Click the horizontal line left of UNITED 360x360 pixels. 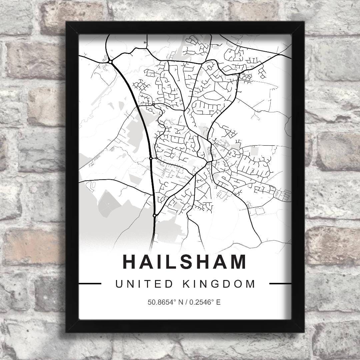[90, 284]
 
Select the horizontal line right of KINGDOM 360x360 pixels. [280, 284]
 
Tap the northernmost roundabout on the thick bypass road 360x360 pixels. [110, 61]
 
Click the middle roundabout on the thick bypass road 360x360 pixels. [151, 159]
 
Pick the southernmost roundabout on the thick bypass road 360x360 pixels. [155, 216]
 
